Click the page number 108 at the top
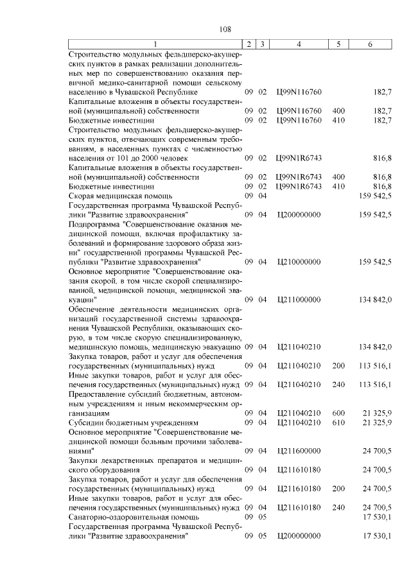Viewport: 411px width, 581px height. coord(225,29)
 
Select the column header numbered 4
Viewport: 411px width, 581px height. coord(299,44)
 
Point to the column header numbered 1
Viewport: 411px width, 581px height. coord(155,44)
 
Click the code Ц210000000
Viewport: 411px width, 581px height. coord(299,262)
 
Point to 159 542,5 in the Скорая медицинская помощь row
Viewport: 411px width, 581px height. coord(376,195)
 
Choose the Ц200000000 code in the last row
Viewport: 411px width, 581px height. coord(299,536)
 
